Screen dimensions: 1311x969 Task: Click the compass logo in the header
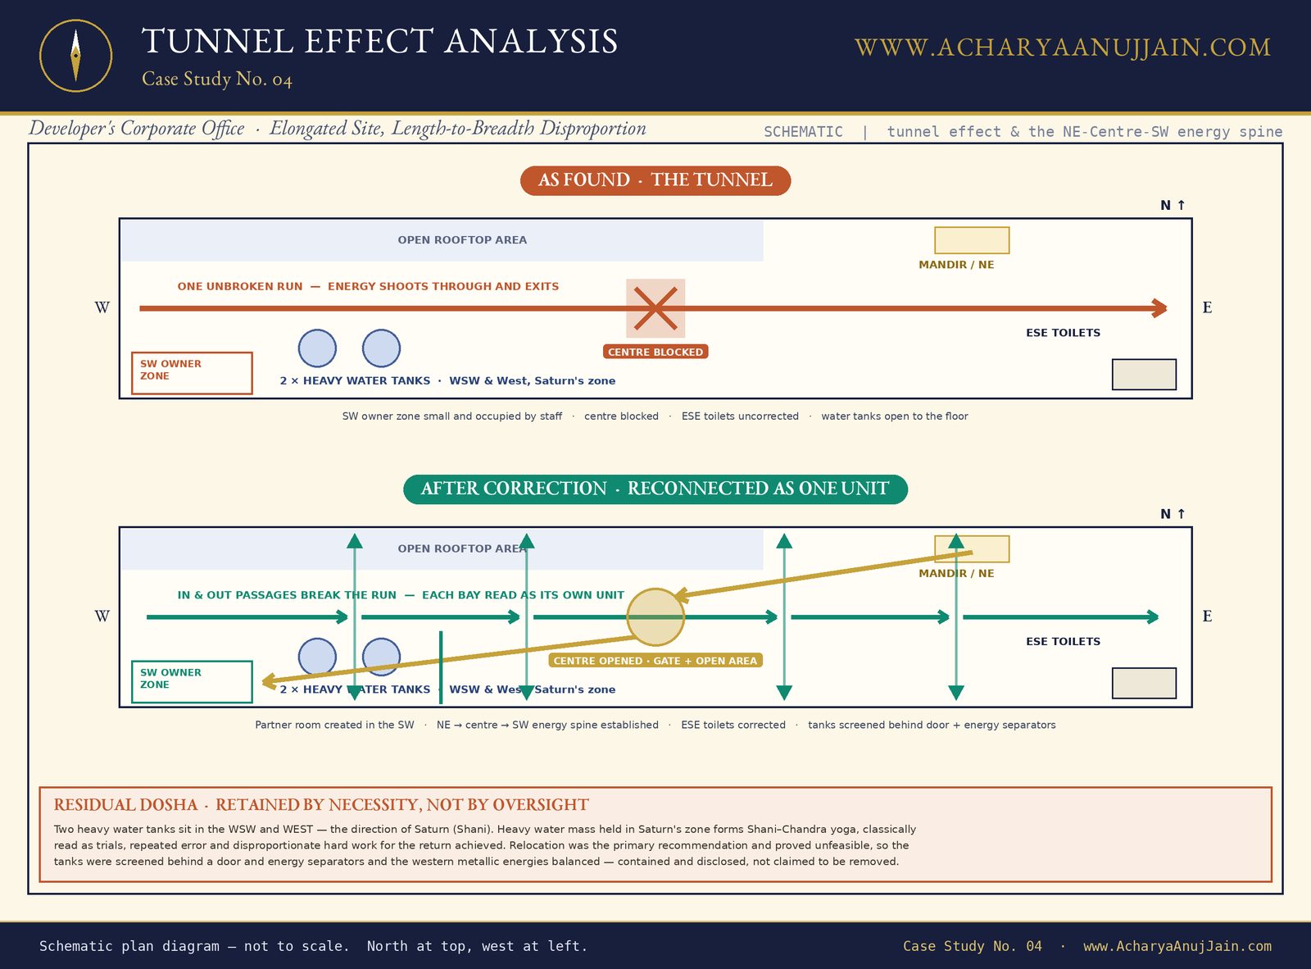click(75, 56)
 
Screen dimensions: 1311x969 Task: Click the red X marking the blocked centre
click(655, 308)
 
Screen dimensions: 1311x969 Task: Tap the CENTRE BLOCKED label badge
click(655, 352)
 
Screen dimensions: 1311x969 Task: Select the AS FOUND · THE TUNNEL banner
click(655, 180)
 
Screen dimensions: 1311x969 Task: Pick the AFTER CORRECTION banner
click(655, 489)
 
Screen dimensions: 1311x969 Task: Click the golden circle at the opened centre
click(655, 617)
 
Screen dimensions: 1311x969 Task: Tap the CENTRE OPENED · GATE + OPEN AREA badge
click(655, 661)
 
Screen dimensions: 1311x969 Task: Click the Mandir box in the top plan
click(972, 240)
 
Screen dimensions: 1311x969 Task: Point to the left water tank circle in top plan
click(317, 348)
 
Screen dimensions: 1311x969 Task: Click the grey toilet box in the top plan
click(1145, 375)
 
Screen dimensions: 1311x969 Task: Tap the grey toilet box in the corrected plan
click(1145, 683)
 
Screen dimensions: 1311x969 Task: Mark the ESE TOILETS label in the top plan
click(1063, 333)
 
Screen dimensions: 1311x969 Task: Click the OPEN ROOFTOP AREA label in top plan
click(462, 240)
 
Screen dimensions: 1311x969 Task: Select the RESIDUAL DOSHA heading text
click(321, 805)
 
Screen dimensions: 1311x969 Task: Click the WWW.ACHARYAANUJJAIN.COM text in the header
click(1063, 48)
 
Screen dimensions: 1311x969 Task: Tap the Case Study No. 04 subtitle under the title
click(217, 80)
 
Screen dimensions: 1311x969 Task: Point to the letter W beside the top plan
click(102, 307)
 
